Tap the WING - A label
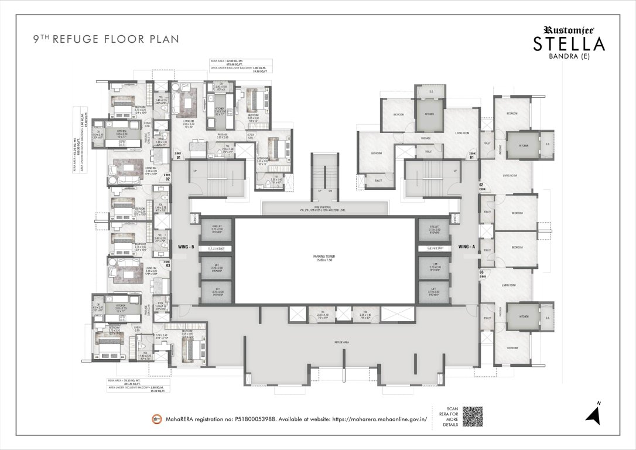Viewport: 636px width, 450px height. (467, 246)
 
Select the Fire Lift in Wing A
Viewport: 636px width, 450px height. (433, 230)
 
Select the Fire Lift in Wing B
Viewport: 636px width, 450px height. (217, 230)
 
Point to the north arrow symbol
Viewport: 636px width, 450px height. (596, 414)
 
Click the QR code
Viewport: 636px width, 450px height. (476, 415)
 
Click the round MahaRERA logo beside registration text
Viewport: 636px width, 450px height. (157, 418)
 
